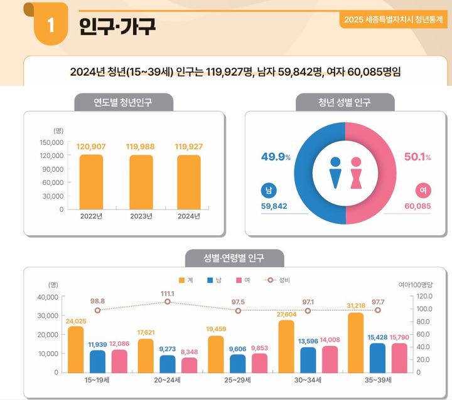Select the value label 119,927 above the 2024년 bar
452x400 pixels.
[189, 147]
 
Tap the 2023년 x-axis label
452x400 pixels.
[140, 217]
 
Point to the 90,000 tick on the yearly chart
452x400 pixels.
[51, 169]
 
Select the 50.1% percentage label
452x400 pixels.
[417, 157]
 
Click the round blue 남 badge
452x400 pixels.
[269, 190]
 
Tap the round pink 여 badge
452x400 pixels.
[422, 190]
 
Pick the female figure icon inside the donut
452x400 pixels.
[357, 172]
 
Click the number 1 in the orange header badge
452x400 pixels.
[51, 26]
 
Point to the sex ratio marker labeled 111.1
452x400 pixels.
[168, 302]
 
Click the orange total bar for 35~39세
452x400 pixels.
[355, 342]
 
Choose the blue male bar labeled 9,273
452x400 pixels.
[168, 364]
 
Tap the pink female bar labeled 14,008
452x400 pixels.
[330, 359]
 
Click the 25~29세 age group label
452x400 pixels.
[237, 381]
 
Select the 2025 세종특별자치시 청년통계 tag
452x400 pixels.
[392, 19]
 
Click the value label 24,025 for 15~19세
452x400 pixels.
[76, 321]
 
